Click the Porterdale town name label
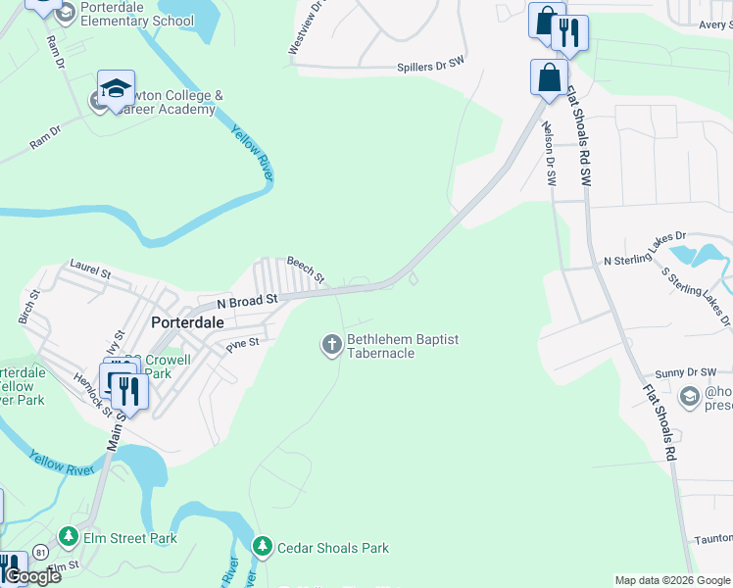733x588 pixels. click(187, 321)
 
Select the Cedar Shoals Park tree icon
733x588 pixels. click(262, 547)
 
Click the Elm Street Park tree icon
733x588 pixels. click(68, 537)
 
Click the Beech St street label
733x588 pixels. click(305, 269)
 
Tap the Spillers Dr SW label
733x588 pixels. click(429, 67)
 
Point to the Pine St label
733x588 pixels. click(242, 344)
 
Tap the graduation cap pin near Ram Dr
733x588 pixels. click(116, 88)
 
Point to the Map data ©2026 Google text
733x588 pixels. click(671, 580)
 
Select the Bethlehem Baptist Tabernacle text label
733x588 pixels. click(403, 346)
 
